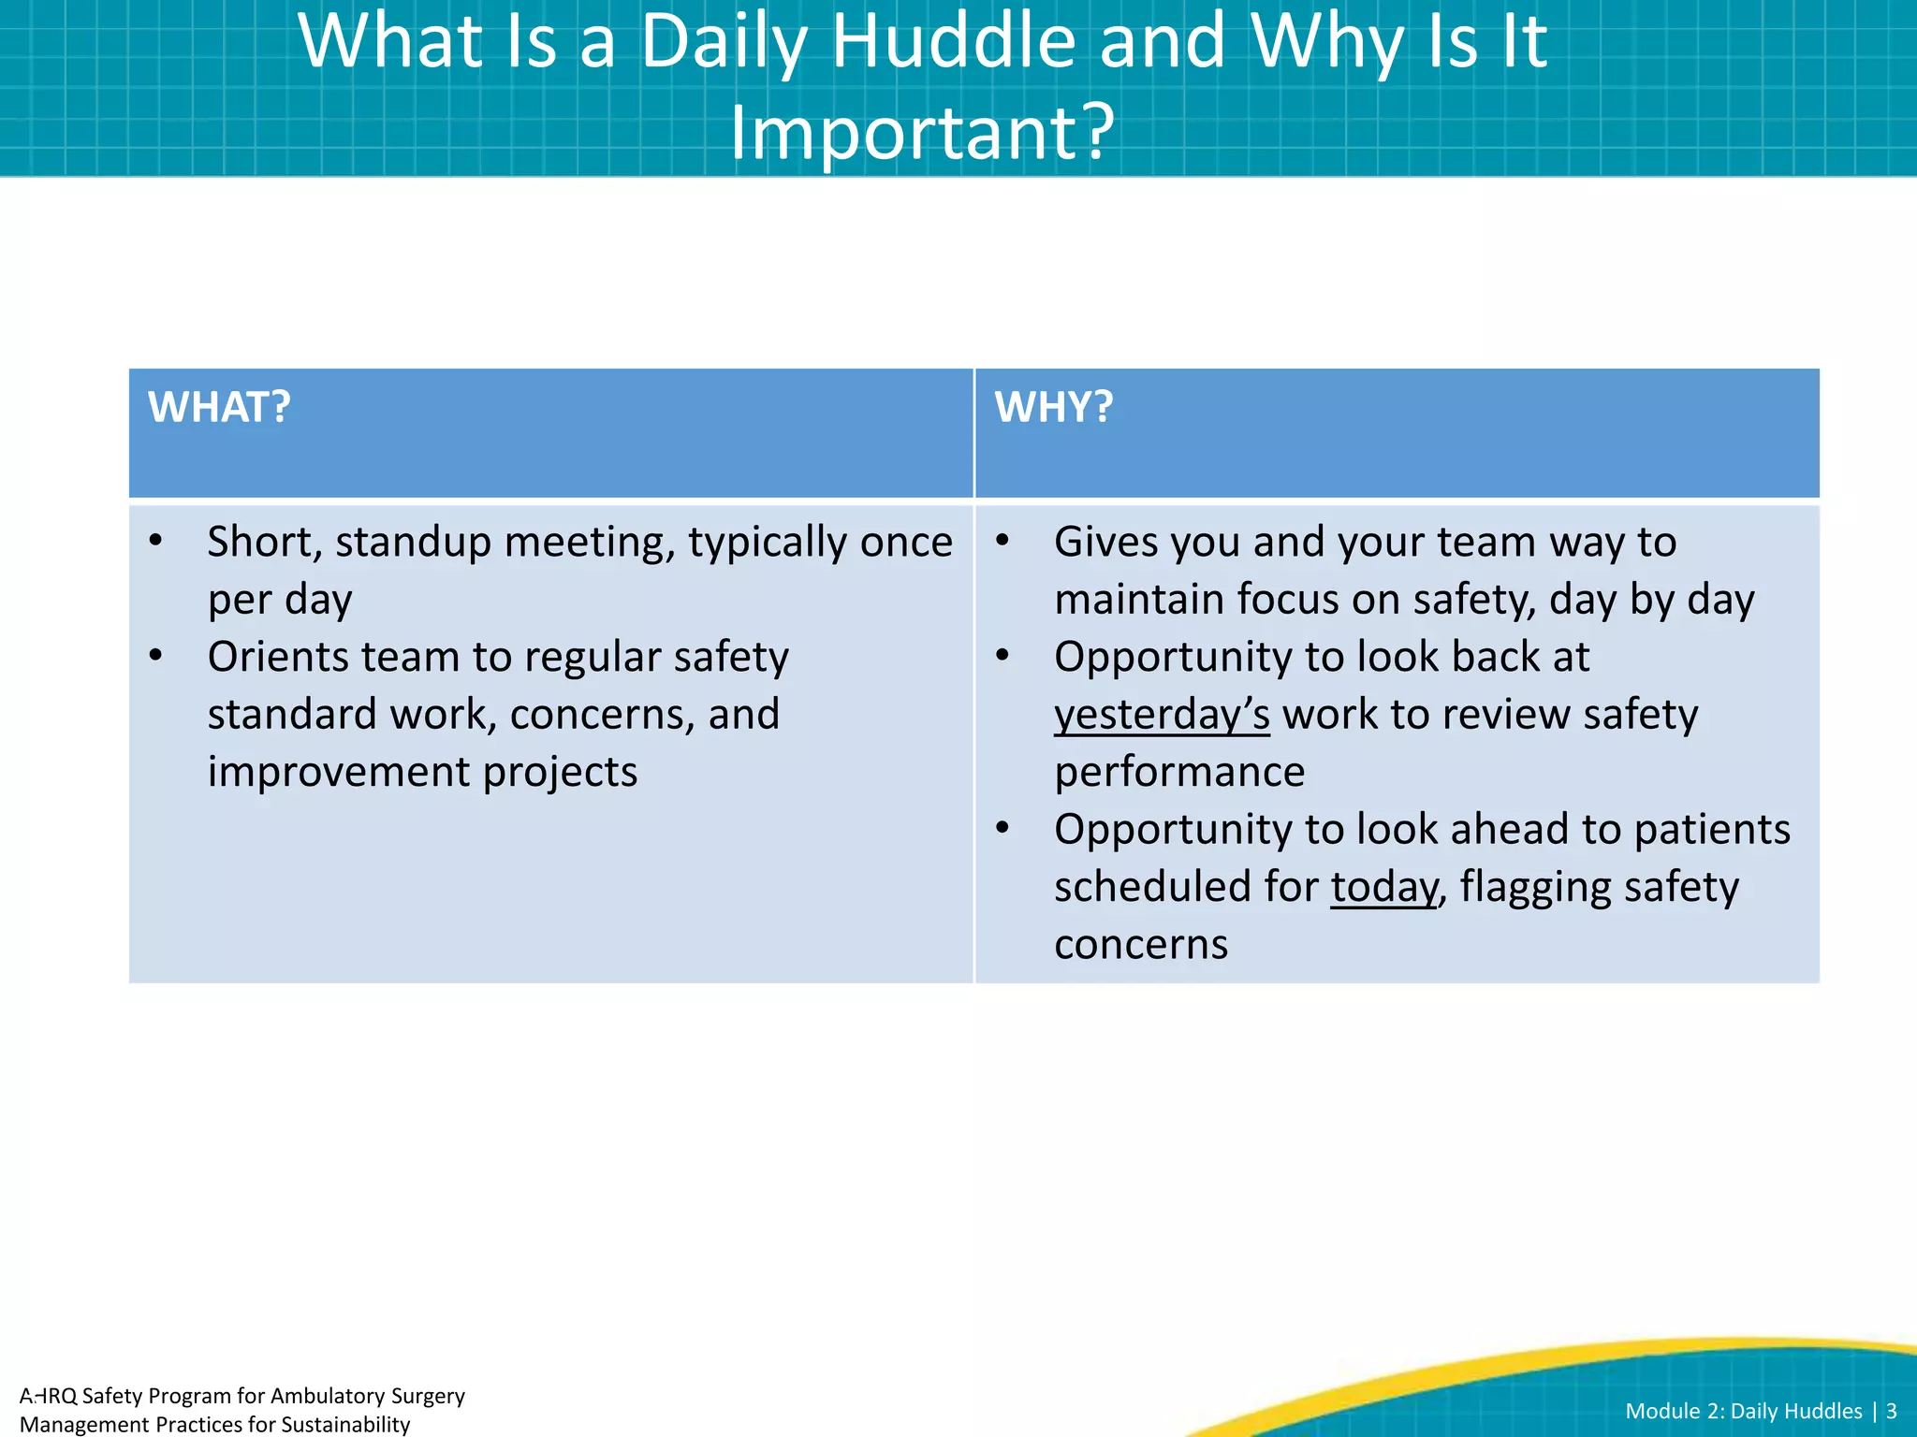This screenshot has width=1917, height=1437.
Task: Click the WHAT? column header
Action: [219, 408]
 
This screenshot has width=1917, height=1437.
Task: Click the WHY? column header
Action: [1054, 408]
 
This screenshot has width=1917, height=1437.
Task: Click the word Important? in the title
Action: [922, 133]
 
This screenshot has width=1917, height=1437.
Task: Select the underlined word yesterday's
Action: [1162, 715]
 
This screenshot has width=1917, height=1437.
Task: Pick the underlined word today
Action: [1383, 887]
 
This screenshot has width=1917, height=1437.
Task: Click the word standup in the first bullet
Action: [413, 543]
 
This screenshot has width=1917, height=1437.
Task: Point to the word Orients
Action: [277, 657]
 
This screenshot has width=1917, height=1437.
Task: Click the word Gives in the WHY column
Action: [1106, 543]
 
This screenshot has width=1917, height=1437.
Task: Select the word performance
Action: [1179, 772]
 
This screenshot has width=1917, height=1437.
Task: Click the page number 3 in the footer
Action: [1891, 1411]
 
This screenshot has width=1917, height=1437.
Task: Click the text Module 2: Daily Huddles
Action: [1743, 1411]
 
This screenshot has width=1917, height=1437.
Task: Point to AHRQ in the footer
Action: [48, 1396]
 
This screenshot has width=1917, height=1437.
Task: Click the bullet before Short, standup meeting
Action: [156, 540]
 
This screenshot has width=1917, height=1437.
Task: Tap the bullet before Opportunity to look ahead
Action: [1002, 827]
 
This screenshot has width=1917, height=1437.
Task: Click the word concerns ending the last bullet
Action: [1140, 945]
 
